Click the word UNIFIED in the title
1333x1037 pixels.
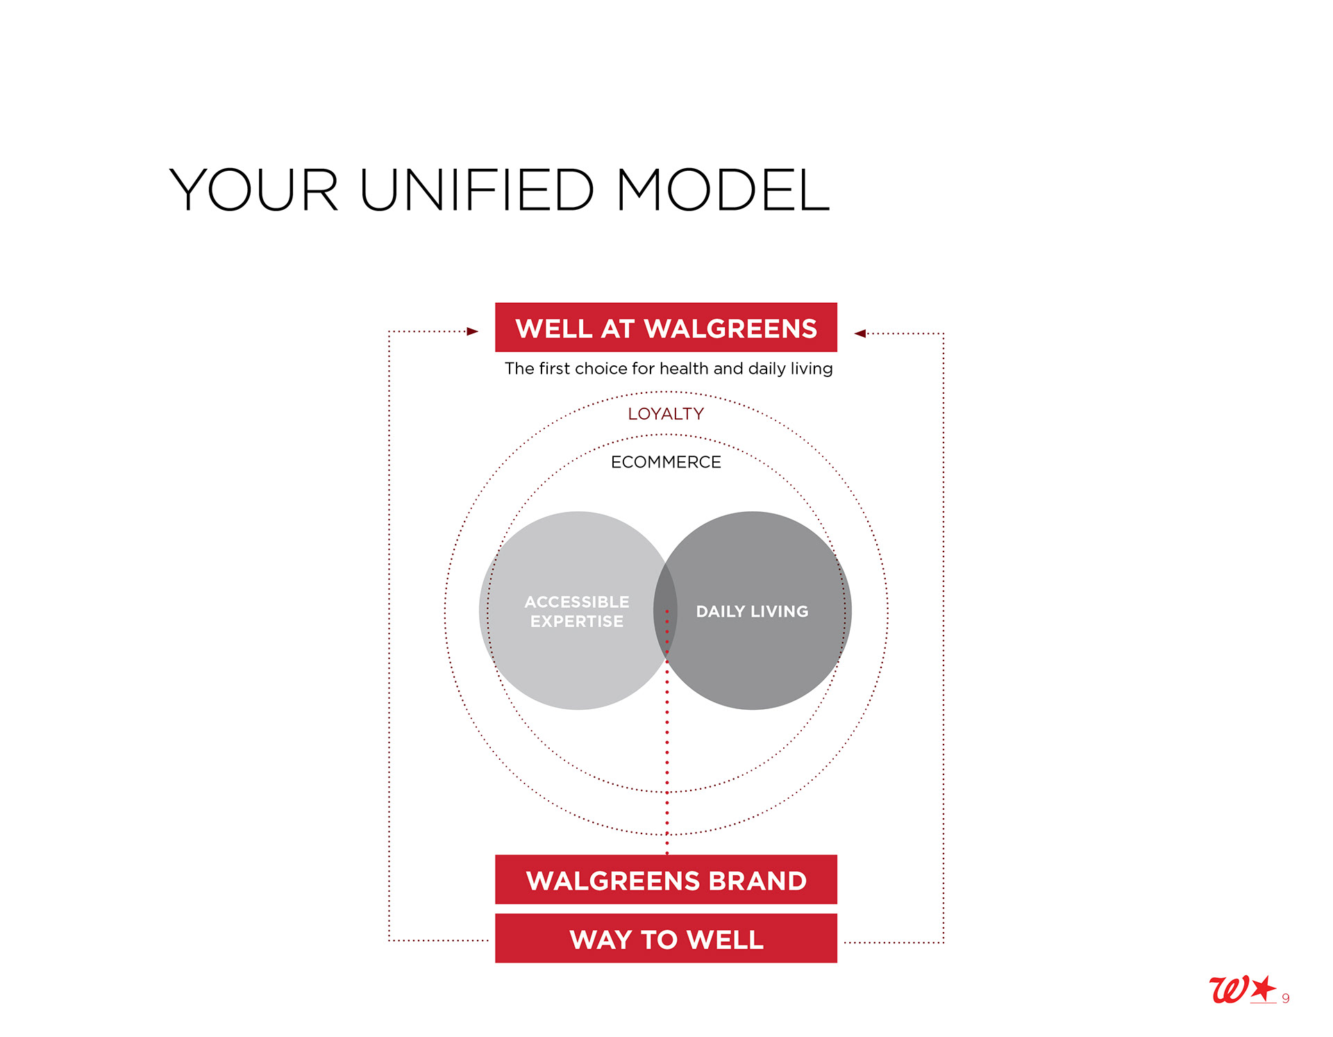(477, 190)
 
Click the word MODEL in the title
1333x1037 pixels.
(723, 190)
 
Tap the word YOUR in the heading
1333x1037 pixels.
(254, 190)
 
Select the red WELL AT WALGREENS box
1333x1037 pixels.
(666, 327)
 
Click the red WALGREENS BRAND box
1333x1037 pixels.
(666, 879)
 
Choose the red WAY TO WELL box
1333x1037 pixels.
(666, 938)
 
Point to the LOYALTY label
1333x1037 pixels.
(666, 414)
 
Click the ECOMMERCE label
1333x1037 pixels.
(666, 462)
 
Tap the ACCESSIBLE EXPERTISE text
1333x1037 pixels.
(577, 611)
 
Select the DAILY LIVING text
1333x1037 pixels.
(752, 611)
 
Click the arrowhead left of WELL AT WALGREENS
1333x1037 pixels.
(473, 331)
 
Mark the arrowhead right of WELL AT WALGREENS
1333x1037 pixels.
(860, 333)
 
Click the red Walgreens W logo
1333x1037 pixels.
(1228, 989)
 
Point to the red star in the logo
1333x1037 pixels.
(1264, 987)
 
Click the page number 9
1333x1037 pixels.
(1286, 998)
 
